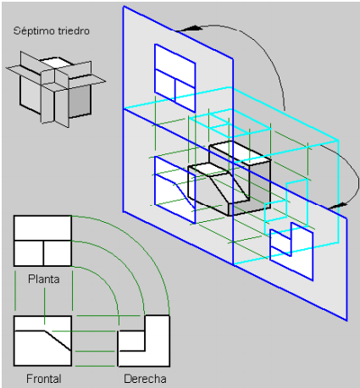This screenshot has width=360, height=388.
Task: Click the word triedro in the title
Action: pyautogui.click(x=74, y=30)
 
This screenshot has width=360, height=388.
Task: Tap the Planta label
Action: pyautogui.click(x=44, y=280)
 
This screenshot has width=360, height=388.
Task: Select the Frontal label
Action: pyautogui.click(x=44, y=379)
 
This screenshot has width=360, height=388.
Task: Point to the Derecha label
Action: pyautogui.click(x=145, y=379)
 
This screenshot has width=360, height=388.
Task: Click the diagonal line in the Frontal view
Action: pyautogui.click(x=58, y=341)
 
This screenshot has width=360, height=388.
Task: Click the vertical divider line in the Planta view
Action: pyautogui.click(x=43, y=253)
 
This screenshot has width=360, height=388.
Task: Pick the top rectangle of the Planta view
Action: pyautogui.click(x=42, y=228)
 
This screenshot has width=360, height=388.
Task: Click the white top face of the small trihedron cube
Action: pyautogui.click(x=56, y=62)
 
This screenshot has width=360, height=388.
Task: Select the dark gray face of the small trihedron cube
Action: pyautogui.click(x=80, y=101)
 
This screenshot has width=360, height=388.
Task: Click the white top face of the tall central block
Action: pyautogui.click(x=240, y=152)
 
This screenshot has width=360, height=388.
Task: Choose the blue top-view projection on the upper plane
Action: pyautogui.click(x=175, y=78)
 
